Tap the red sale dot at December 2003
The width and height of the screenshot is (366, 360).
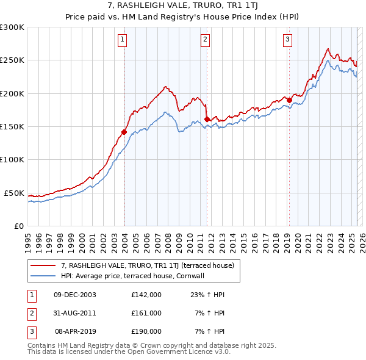124,131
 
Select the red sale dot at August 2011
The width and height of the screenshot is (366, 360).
207,119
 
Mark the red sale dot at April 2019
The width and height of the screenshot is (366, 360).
290,100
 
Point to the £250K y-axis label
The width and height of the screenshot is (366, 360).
12,60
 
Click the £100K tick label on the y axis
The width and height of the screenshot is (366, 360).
12,159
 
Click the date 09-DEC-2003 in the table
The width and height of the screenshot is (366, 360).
75,294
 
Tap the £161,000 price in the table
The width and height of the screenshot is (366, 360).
146,313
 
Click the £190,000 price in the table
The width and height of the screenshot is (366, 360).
146,331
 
